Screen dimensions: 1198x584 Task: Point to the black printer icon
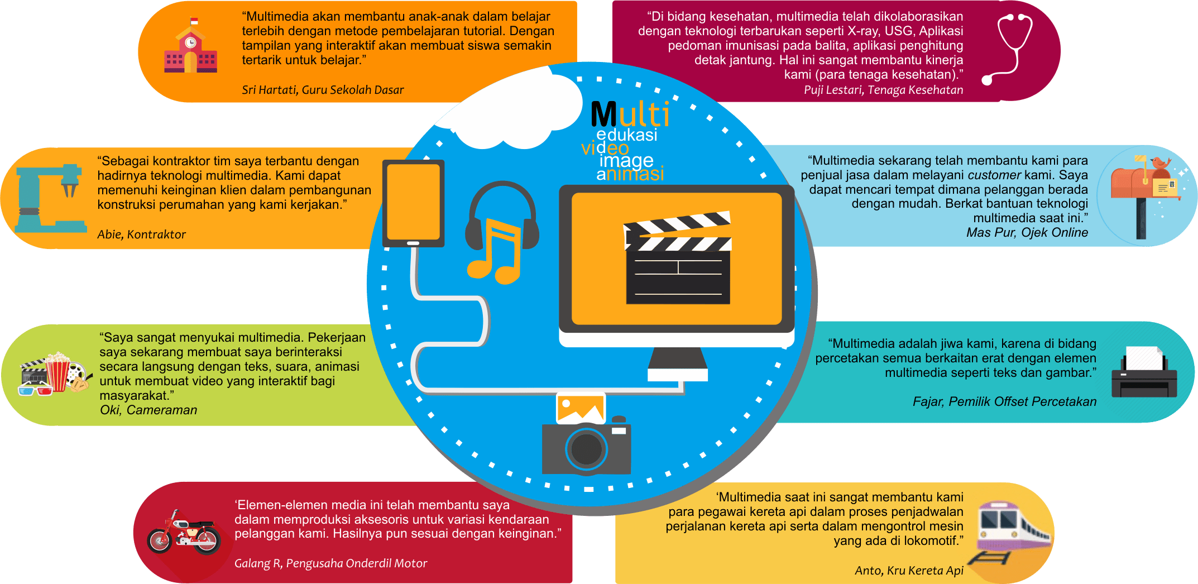[x=1144, y=372]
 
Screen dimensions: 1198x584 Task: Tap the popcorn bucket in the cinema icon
[x=57, y=371]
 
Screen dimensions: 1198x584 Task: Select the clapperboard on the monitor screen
[x=678, y=257]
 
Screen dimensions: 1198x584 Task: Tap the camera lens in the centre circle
[x=586, y=448]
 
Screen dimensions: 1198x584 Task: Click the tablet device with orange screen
[x=413, y=204]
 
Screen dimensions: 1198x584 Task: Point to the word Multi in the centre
[x=630, y=114]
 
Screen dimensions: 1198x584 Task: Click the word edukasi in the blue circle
[x=626, y=135]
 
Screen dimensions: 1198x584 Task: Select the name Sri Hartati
[x=269, y=90]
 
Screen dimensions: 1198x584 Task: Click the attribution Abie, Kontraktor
[x=141, y=234]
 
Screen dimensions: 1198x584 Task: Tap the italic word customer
[x=994, y=175]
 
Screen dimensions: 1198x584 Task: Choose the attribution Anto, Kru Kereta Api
[x=909, y=571]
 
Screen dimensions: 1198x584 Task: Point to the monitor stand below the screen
[x=678, y=365]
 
